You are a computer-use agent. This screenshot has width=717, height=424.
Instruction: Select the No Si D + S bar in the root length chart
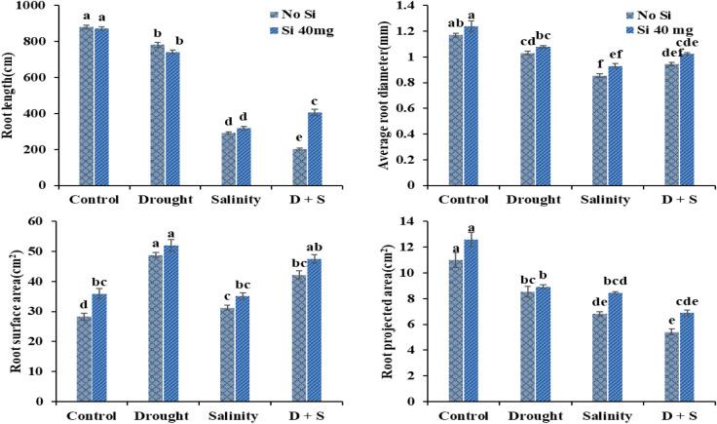[300, 167]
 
